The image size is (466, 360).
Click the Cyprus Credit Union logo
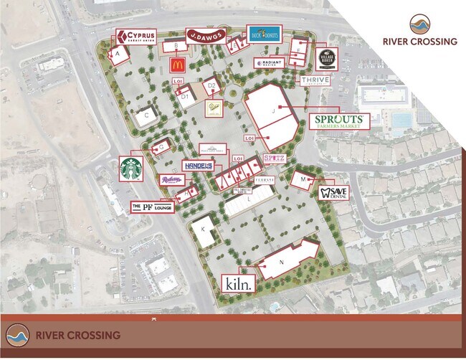point(136,36)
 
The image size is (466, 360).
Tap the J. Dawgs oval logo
point(206,35)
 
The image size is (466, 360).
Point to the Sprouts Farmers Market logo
point(339,120)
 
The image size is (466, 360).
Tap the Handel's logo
point(199,166)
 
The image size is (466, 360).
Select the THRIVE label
point(315,80)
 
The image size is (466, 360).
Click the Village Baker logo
point(325,57)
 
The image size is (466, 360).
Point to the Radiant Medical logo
point(268,62)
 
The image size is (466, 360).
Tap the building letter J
point(273,111)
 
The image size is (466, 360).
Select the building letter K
point(203,229)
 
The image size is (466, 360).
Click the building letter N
point(281,263)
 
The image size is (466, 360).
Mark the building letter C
point(146,115)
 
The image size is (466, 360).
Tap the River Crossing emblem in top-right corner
point(420,24)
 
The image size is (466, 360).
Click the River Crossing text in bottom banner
point(77,335)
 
